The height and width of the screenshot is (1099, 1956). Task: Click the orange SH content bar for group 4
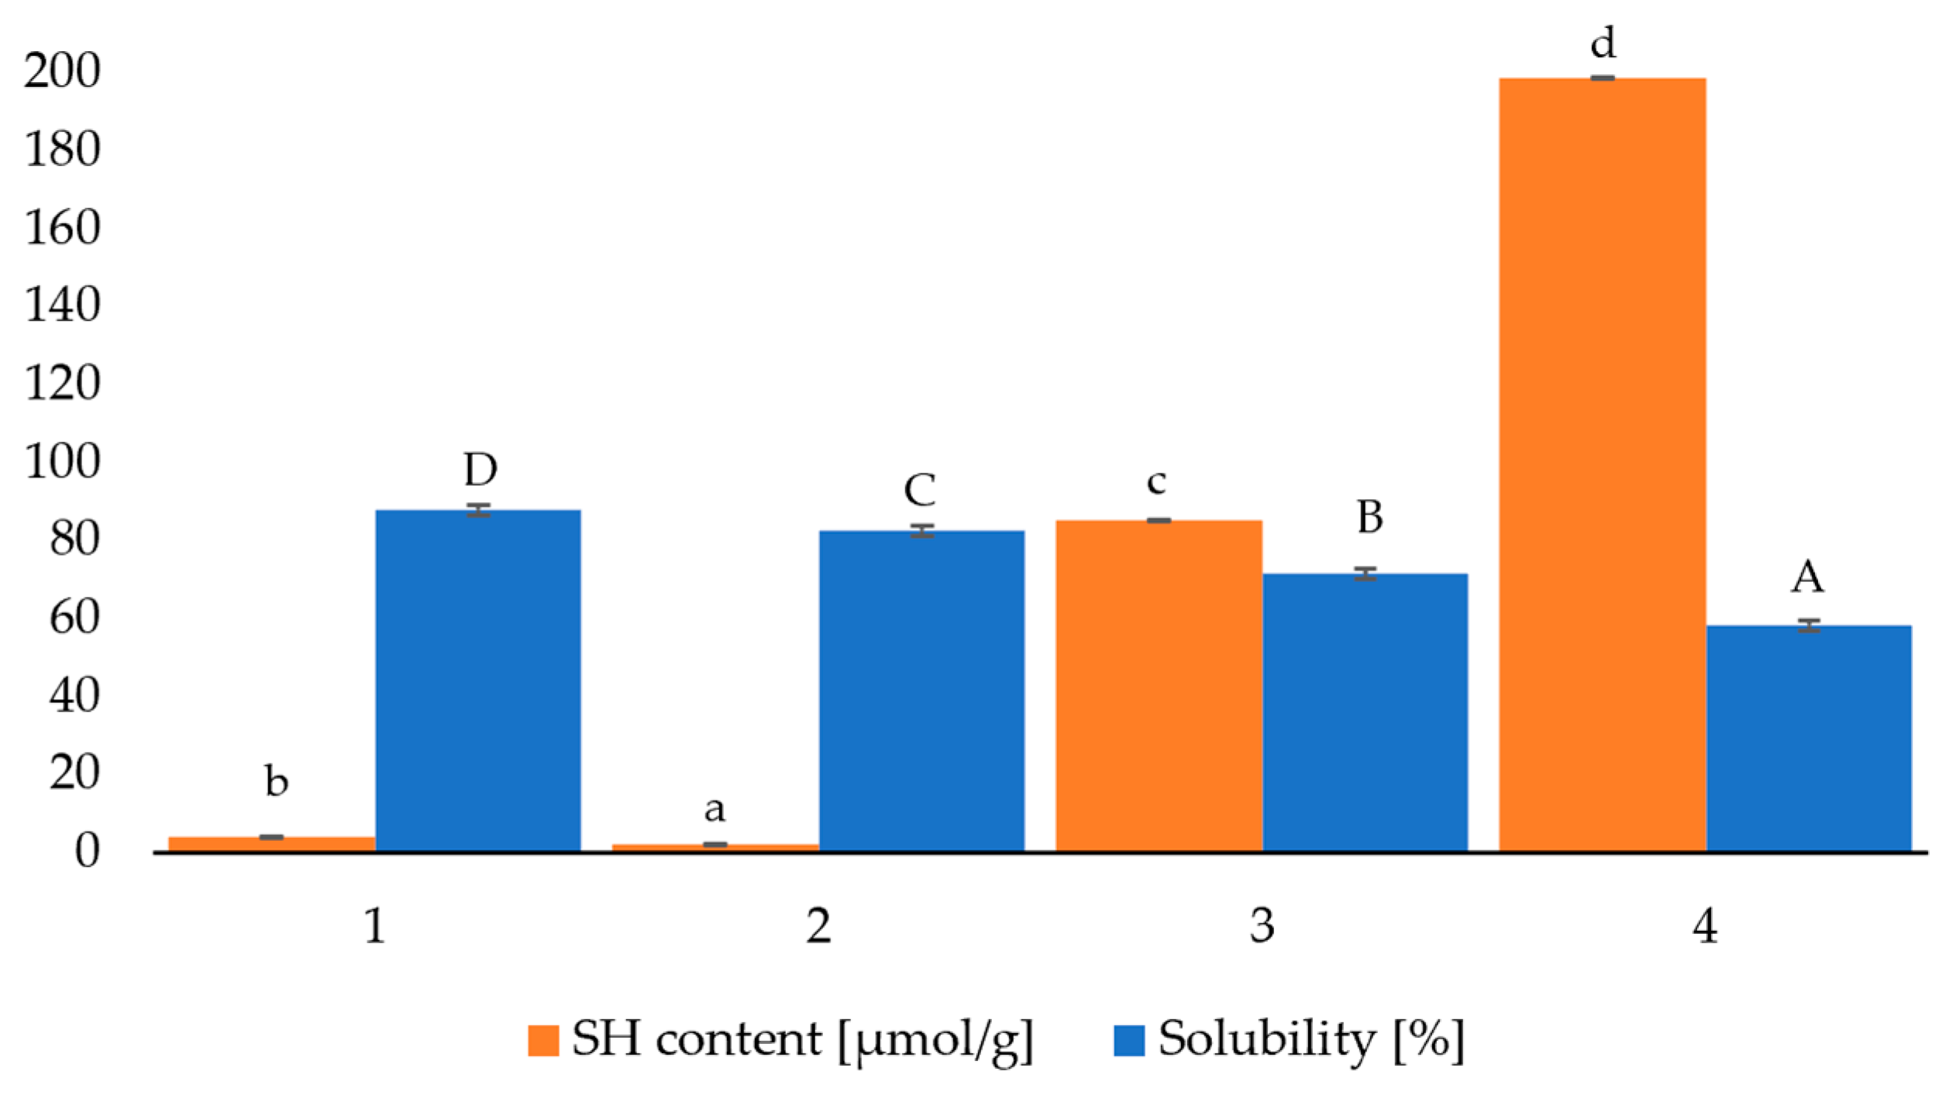point(1602,465)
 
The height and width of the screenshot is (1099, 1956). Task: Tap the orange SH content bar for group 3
point(1159,686)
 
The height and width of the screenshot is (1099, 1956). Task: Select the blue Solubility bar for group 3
point(1365,713)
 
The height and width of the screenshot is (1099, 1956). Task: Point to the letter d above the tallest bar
point(1603,43)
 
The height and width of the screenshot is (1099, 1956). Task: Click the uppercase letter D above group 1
point(480,470)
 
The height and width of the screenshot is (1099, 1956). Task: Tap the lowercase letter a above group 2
point(715,809)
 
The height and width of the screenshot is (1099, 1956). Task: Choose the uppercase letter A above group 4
point(1807,577)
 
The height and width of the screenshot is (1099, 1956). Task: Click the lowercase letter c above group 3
point(1156,482)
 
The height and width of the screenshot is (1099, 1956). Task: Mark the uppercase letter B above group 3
point(1369,517)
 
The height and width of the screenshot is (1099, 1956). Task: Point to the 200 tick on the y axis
point(62,71)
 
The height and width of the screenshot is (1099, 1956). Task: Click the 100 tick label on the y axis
point(62,463)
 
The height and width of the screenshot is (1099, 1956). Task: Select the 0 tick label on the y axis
point(87,852)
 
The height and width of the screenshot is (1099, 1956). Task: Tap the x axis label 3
point(1262,927)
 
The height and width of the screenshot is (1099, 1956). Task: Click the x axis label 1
point(375,927)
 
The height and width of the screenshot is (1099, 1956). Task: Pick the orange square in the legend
point(543,1041)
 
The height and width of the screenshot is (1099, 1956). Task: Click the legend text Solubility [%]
point(1310,1039)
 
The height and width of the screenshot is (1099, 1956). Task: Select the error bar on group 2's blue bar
point(921,531)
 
